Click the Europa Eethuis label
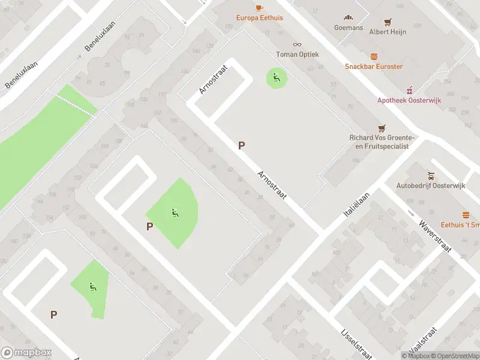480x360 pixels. [x=259, y=18]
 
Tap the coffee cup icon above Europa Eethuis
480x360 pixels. [x=259, y=8]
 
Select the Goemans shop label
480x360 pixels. [x=349, y=28]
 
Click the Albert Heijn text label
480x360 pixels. [x=388, y=31]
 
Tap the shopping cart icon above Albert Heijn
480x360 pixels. [x=388, y=22]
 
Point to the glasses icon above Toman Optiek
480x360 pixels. [x=297, y=44]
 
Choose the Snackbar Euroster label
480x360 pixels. [x=373, y=67]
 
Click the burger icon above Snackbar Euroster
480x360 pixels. [x=374, y=56]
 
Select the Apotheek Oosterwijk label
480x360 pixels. [x=409, y=100]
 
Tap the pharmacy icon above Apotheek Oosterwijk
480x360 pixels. [x=410, y=90]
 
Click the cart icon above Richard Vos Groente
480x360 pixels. [x=381, y=128]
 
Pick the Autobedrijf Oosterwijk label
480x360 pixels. [x=431, y=186]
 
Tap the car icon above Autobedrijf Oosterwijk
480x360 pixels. [x=431, y=176]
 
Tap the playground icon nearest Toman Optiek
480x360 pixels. [x=276, y=77]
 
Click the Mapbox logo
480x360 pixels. [x=26, y=353]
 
